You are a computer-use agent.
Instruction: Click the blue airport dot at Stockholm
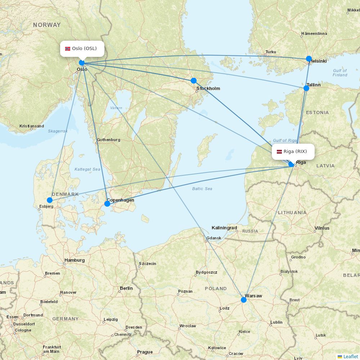point(194,81)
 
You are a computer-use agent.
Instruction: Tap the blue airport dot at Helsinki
point(309,59)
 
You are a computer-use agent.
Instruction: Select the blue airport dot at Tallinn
point(306,88)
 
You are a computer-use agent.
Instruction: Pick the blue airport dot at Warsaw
point(244,300)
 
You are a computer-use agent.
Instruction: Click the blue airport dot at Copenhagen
point(107,204)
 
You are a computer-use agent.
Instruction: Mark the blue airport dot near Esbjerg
point(50,200)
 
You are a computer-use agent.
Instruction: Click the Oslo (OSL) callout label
point(82,49)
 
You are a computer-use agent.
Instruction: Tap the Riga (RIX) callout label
point(293,152)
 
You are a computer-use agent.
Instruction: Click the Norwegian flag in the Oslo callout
point(68,49)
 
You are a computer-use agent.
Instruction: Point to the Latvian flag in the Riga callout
point(279,152)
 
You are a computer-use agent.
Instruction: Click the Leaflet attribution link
point(350,356)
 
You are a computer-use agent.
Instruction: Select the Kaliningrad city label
point(224,228)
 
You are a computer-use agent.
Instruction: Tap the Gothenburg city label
point(108,140)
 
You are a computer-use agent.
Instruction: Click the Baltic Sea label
point(202,189)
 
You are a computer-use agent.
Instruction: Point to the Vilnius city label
point(322,228)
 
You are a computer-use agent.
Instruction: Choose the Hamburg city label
point(75,260)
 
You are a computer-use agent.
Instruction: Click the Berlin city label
point(126,288)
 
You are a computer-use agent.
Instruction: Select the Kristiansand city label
point(32,126)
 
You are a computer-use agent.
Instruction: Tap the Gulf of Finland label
point(340,73)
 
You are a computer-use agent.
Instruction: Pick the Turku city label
point(271,52)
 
